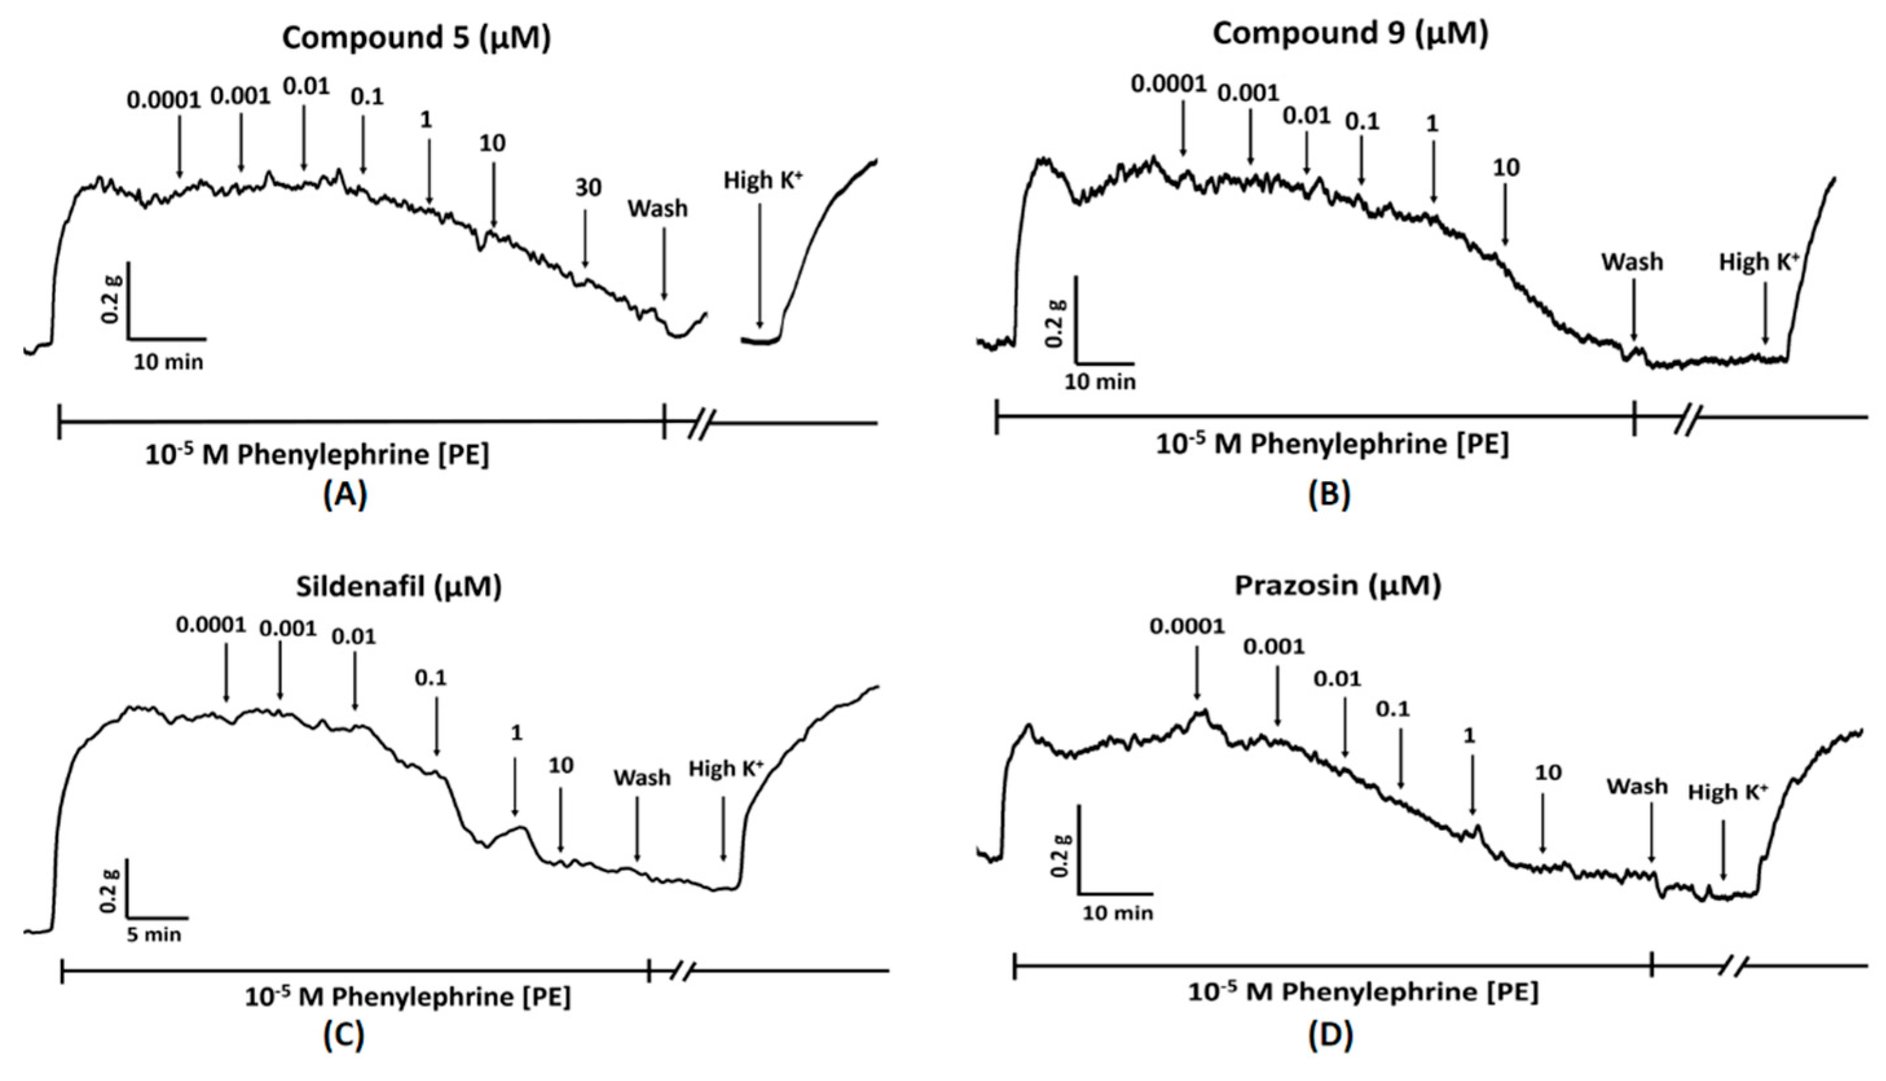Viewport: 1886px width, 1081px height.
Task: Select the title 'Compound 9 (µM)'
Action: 1350,34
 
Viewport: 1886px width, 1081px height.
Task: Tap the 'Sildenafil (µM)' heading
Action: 398,586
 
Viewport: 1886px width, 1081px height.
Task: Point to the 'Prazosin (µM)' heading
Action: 1338,586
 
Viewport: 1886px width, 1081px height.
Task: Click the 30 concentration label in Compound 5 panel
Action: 587,189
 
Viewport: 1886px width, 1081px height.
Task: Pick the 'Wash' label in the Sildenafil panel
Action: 642,777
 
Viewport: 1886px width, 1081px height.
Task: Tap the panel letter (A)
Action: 345,495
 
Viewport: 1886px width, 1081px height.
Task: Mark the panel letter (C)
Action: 344,1036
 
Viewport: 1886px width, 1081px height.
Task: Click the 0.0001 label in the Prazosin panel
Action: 1187,627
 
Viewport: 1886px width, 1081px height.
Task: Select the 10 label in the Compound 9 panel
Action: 1506,169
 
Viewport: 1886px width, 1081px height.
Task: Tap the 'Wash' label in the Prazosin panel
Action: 1637,786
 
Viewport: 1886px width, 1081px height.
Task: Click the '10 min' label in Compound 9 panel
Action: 1100,382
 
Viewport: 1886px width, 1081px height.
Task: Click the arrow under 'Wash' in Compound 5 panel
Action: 664,264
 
